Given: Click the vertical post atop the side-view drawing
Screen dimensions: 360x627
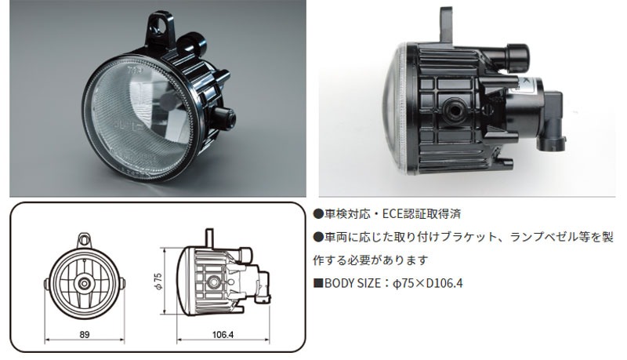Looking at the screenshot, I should [x=208, y=236].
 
